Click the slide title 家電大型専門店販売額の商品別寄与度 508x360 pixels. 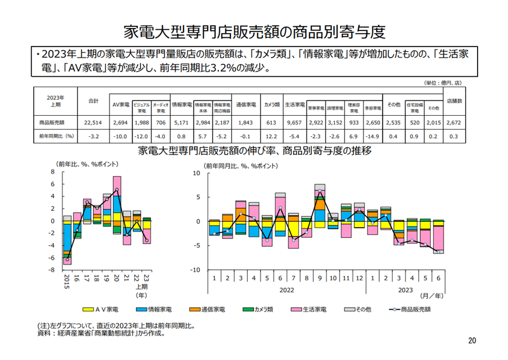(254, 30)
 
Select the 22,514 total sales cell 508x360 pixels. (93, 122)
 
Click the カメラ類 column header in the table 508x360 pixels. (271, 105)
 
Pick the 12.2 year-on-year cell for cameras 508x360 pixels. (271, 136)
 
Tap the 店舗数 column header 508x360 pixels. (455, 100)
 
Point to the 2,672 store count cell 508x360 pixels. (455, 122)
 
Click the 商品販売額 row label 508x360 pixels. (52, 122)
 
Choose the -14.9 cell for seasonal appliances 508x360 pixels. (372, 136)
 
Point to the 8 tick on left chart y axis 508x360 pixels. (53, 172)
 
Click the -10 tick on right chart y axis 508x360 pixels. (196, 270)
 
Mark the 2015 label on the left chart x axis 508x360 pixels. (67, 281)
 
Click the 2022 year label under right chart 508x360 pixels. (286, 290)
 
